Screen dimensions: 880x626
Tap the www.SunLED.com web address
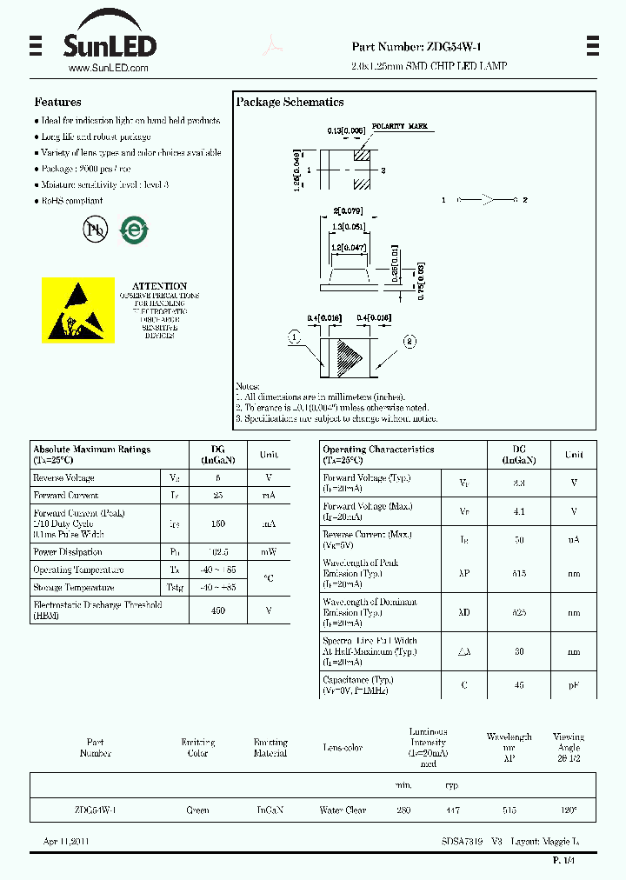[107, 68]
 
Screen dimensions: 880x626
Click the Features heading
[57, 102]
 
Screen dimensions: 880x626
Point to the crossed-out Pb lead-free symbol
[93, 229]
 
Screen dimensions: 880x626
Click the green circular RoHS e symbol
[133, 230]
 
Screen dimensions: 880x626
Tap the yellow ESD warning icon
[78, 310]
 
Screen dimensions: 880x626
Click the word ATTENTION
[159, 286]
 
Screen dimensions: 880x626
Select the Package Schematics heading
[290, 102]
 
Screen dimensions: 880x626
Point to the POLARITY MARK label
[400, 127]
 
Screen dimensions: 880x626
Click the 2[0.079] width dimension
[348, 210]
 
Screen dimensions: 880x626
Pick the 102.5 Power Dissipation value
[218, 552]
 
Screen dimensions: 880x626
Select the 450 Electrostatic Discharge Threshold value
[218, 610]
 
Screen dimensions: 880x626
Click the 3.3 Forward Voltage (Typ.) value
[519, 483]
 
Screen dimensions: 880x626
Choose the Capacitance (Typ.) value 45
[519, 685]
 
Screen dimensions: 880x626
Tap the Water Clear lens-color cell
[343, 810]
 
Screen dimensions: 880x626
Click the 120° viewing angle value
[569, 810]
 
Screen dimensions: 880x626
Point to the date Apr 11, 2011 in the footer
[66, 842]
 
